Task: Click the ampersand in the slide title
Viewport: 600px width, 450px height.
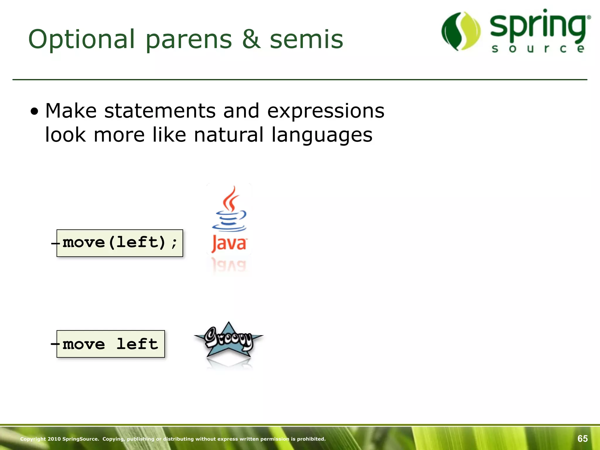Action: tap(251, 39)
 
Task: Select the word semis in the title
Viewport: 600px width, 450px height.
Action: tap(306, 39)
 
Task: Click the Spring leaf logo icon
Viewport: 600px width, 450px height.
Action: tap(461, 31)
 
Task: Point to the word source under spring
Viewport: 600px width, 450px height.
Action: tap(538, 49)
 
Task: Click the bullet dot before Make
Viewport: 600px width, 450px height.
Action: tap(35, 112)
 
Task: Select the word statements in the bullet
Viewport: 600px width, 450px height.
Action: tap(160, 111)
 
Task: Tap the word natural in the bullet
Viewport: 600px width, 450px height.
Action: tap(229, 135)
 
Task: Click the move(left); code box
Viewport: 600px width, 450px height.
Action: tap(120, 243)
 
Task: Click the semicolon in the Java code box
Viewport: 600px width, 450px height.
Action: tap(174, 243)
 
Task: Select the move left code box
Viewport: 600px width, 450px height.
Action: tap(110, 344)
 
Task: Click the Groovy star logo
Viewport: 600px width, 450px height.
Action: tap(229, 340)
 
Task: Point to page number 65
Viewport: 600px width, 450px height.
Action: tap(582, 439)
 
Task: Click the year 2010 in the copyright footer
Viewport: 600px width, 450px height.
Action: tap(54, 439)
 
